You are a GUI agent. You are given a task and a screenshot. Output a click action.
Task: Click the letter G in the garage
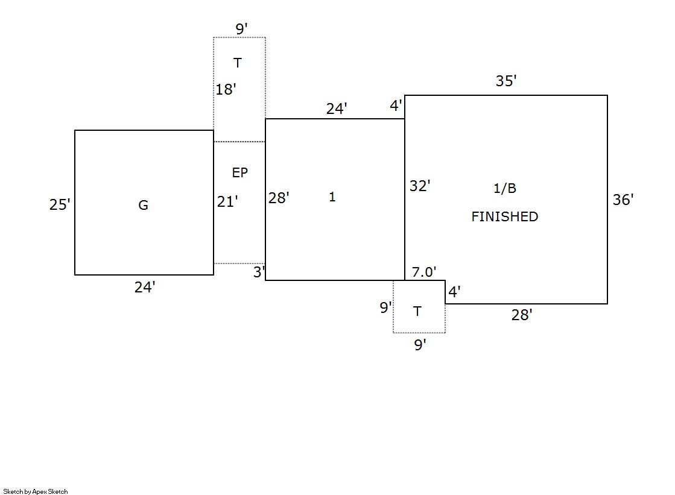coord(143,206)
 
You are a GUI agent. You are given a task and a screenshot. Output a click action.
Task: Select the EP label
coord(240,173)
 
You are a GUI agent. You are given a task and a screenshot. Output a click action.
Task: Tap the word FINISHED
coord(504,216)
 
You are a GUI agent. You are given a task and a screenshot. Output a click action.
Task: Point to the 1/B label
coord(505,189)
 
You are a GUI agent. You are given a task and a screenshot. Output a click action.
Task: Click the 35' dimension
coord(506,81)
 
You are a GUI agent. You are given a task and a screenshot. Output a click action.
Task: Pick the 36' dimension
coord(623,200)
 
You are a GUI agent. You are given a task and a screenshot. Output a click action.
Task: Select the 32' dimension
coord(420,186)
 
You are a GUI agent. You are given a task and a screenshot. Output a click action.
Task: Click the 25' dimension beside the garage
coord(60,205)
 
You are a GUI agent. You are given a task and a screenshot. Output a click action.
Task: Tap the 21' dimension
coord(227,202)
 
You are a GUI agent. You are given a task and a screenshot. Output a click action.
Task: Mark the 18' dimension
coord(226,90)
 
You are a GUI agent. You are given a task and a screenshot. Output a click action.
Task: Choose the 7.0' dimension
coord(424,273)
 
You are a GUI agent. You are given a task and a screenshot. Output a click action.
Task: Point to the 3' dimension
coord(259,273)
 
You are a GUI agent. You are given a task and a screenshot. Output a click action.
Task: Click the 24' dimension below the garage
coord(145,288)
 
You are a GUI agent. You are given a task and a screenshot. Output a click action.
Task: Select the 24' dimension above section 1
coord(337,109)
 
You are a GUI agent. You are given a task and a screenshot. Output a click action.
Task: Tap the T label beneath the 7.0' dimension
coord(417,312)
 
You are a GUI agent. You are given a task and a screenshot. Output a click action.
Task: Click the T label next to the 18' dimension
coord(238,63)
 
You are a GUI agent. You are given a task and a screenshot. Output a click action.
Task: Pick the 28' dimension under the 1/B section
coord(522,315)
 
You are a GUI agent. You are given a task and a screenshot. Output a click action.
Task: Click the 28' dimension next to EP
coord(279,198)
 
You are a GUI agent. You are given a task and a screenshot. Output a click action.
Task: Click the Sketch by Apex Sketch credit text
coord(36,491)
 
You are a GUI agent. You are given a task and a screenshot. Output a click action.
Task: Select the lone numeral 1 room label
coord(332,197)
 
